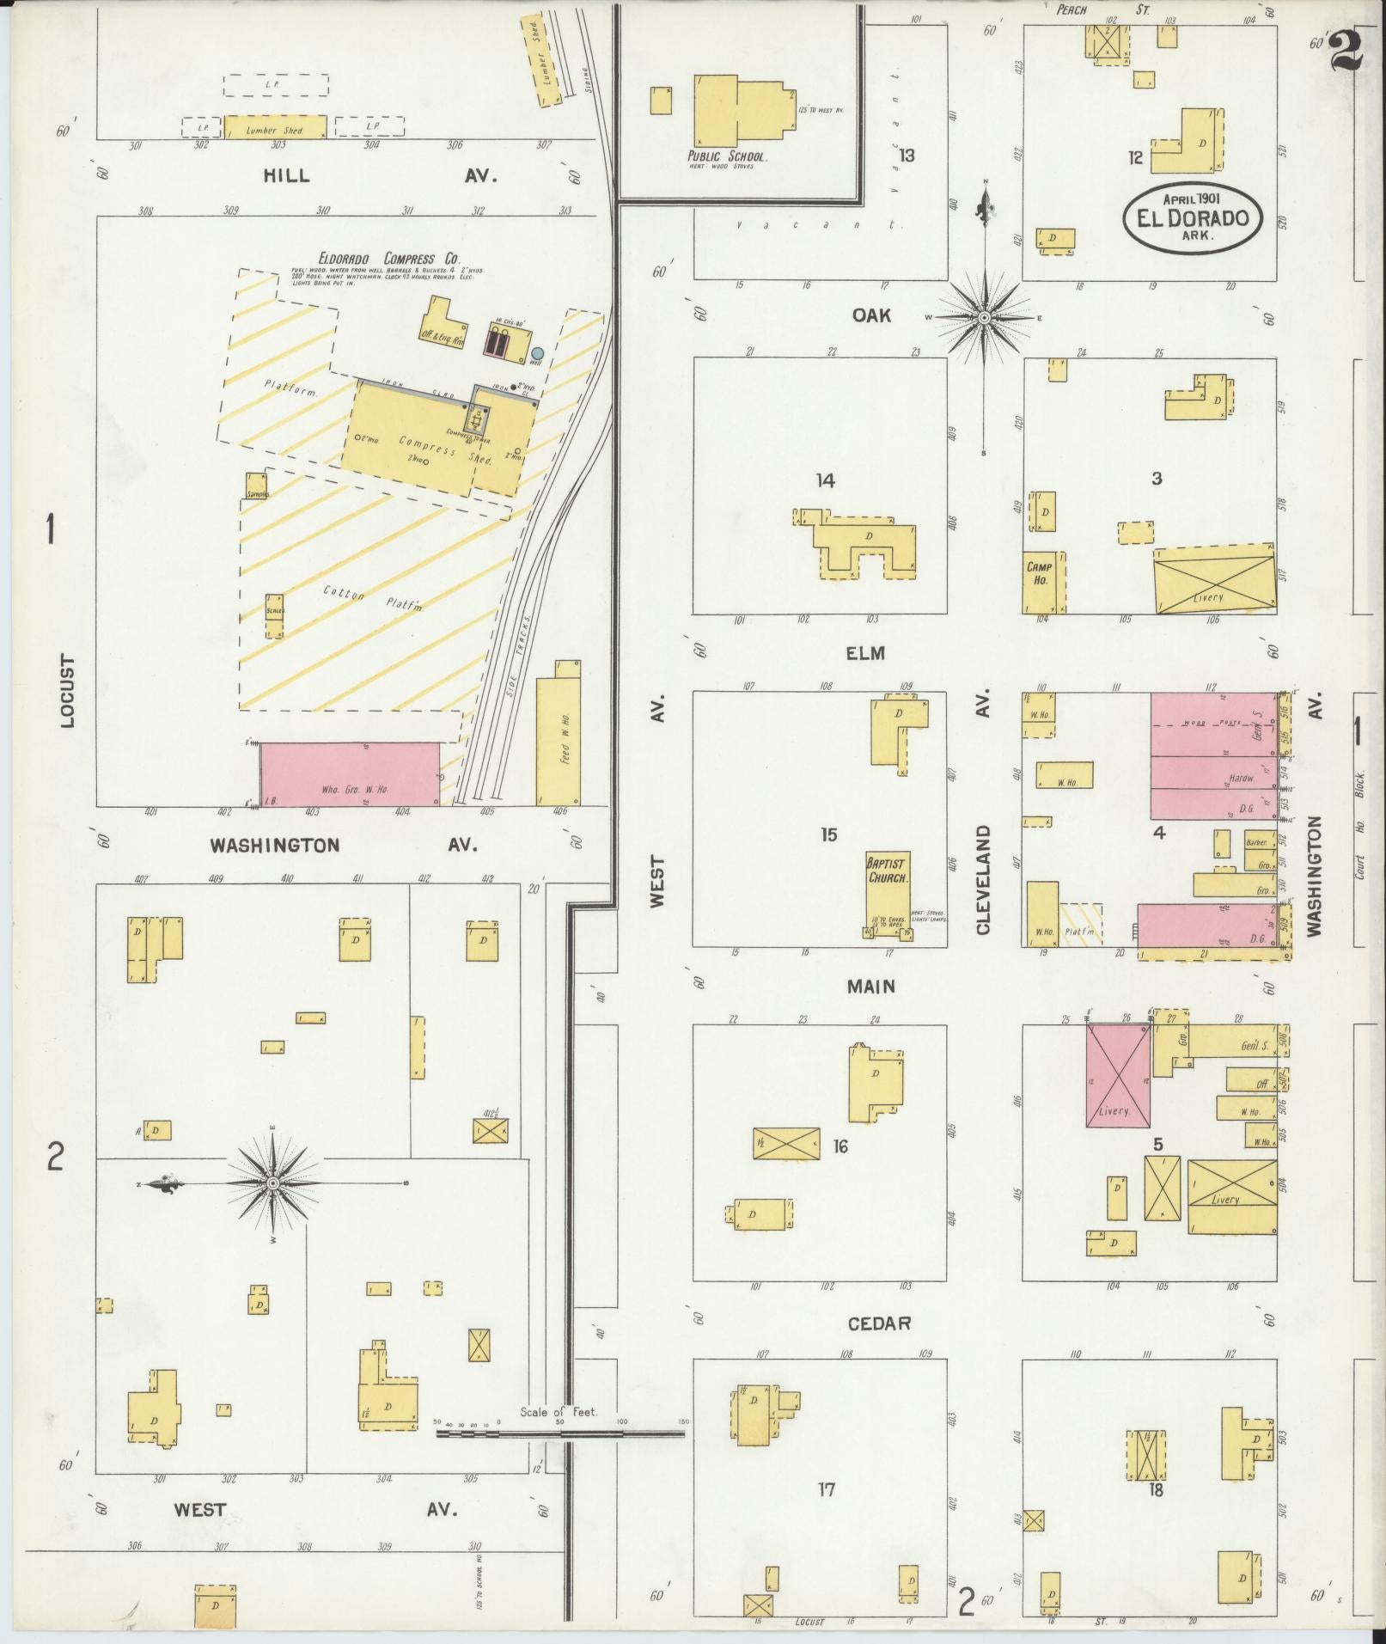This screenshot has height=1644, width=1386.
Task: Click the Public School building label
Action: point(726,157)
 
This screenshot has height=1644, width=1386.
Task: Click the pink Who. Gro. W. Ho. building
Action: point(350,774)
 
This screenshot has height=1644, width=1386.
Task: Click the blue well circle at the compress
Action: point(537,353)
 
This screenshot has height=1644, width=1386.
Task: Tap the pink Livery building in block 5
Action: point(1118,1075)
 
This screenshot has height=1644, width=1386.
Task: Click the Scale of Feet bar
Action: point(559,1433)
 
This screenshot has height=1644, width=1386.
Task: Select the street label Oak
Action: point(871,315)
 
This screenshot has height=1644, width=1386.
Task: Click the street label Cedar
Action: point(878,1323)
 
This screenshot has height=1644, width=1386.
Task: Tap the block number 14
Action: point(825,480)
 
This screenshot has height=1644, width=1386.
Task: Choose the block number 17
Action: point(826,1488)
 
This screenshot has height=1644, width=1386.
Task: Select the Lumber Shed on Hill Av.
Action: point(275,127)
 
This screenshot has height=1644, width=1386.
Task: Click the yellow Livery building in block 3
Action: point(1214,580)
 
